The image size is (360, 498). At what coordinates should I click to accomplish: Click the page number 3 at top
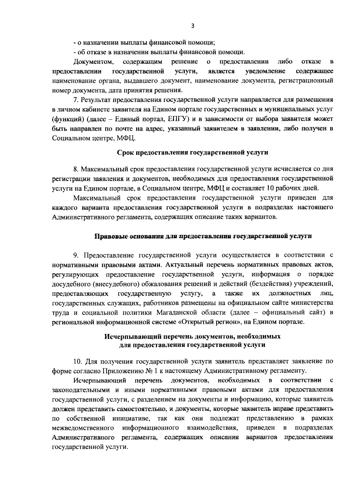pos(193,26)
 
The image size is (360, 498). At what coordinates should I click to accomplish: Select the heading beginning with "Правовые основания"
pos(203,236)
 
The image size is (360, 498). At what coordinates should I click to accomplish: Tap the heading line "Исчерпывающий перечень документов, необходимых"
pos(192,336)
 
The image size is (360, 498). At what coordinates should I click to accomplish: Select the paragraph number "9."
pos(76,255)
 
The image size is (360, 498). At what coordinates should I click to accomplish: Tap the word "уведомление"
pos(265,71)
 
